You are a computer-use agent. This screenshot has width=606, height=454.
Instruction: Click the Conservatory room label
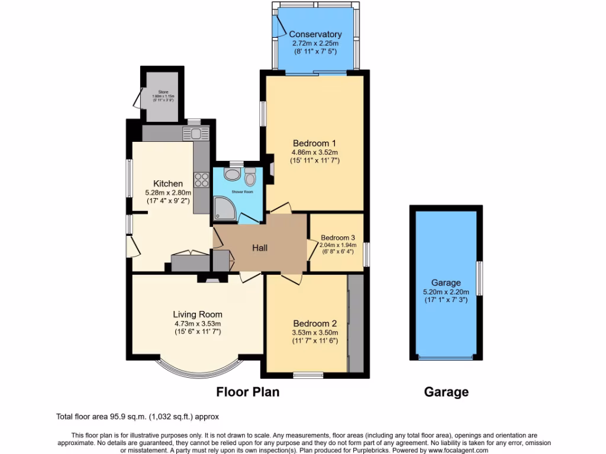pos(316,34)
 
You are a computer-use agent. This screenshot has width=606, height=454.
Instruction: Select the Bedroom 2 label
pos(315,323)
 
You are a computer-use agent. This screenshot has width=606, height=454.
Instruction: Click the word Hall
pos(260,248)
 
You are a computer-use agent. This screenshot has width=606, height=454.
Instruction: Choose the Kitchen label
pos(168,184)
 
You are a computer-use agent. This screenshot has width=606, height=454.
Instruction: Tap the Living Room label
pos(198,314)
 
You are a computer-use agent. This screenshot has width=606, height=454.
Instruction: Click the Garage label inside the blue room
pos(446,283)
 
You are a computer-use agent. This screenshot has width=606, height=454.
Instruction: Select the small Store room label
pos(163,92)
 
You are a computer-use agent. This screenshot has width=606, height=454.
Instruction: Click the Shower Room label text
pos(238,192)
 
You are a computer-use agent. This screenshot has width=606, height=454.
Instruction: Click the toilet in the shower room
pos(250,176)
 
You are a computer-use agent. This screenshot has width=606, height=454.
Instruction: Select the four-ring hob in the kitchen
pos(201,179)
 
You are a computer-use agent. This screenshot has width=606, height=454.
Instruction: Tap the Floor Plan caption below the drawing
pos(247,391)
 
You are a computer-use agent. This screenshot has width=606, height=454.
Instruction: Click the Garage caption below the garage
pos(446,391)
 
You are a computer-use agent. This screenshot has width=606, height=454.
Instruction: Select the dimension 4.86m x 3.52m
pos(314,152)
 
